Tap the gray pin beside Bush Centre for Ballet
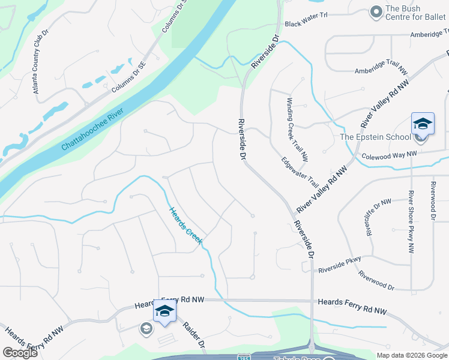[x=376, y=11]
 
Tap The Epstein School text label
[x=375, y=137]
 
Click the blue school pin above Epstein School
[x=423, y=124]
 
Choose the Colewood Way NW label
[x=389, y=155]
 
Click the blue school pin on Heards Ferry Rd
[x=164, y=311]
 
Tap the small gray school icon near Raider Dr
[x=146, y=328]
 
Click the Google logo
[x=20, y=353]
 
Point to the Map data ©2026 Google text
[x=412, y=355]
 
